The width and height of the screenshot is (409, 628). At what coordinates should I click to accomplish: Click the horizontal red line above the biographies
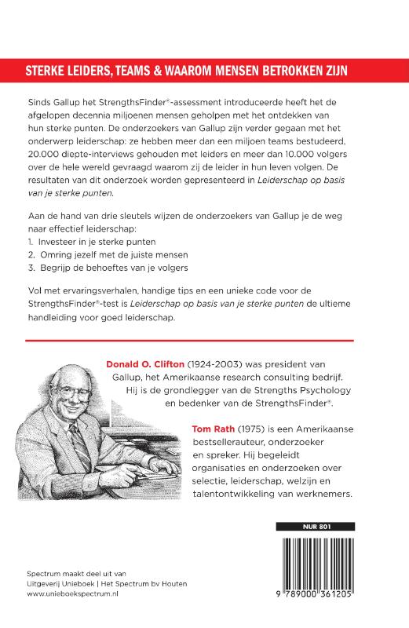(x=189, y=340)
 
